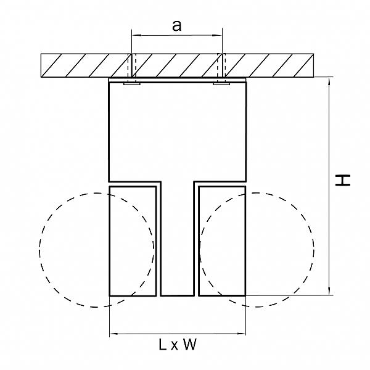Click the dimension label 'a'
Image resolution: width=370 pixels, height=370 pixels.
click(x=177, y=26)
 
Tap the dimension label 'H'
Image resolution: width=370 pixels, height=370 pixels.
click(x=343, y=180)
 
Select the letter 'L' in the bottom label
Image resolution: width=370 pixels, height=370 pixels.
click(x=163, y=345)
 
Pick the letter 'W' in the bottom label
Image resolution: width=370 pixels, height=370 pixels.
click(x=190, y=345)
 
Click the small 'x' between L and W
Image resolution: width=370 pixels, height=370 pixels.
click(x=175, y=346)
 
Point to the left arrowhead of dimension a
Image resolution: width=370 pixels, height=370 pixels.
click(x=136, y=35)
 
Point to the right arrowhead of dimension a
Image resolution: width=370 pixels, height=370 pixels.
click(x=217, y=35)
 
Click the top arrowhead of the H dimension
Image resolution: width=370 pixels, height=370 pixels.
click(x=329, y=81)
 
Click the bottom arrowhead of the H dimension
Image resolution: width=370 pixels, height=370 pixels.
click(x=329, y=290)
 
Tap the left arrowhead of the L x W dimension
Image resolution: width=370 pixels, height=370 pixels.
click(x=114, y=334)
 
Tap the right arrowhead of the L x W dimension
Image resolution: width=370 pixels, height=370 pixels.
click(x=241, y=334)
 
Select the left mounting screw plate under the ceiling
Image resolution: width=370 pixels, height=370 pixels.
click(x=132, y=83)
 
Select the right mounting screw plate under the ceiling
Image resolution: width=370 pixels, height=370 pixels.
click(x=221, y=83)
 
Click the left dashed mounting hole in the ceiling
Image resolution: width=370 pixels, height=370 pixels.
click(x=132, y=65)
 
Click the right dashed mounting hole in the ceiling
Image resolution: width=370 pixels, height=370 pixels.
click(x=221, y=65)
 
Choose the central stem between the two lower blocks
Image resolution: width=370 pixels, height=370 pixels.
click(x=178, y=238)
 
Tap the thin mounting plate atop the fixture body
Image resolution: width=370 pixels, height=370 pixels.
click(x=178, y=80)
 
